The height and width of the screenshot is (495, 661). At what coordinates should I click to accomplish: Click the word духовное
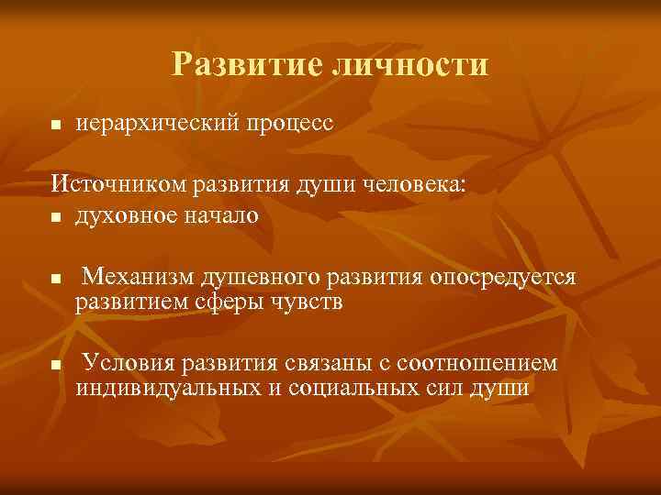click(129, 215)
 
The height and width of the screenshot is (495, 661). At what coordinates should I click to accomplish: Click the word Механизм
click(139, 277)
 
